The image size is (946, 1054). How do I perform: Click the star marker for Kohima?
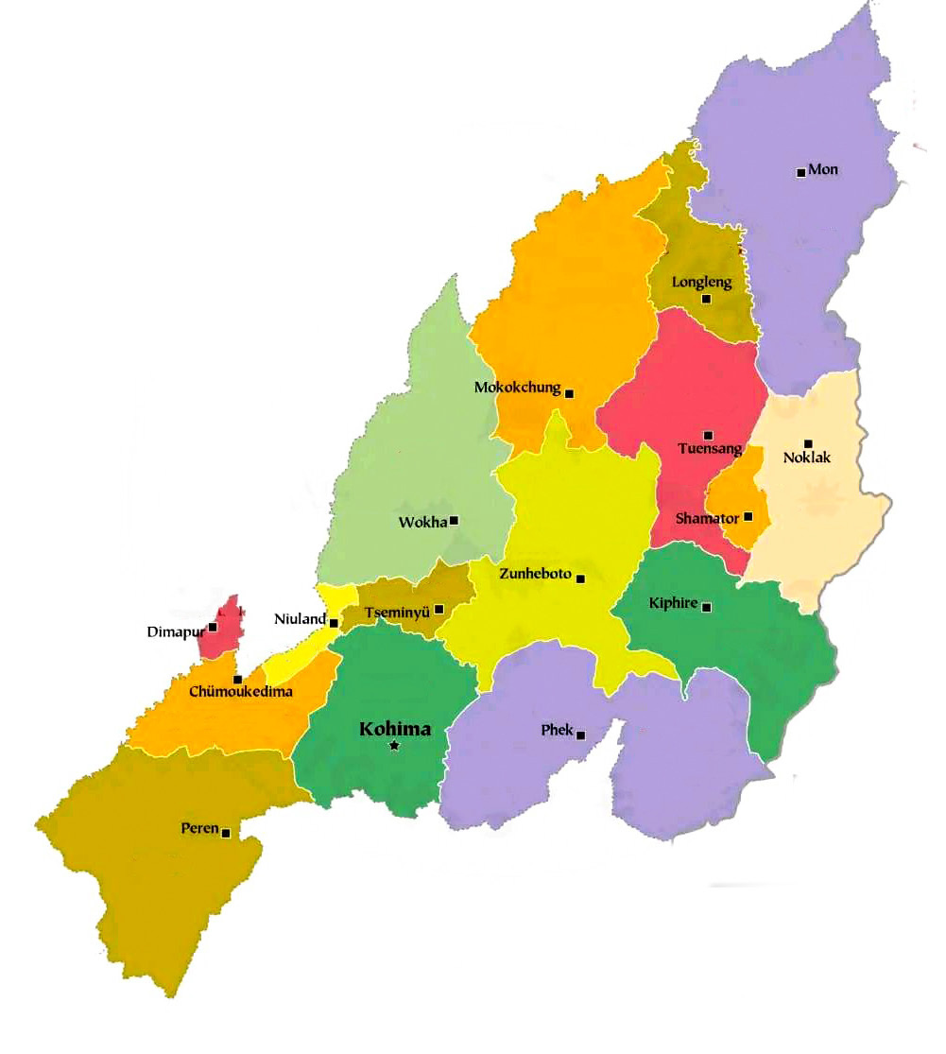coord(394,746)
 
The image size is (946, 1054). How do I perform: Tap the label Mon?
coord(824,170)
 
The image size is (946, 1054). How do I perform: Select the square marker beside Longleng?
coord(706,299)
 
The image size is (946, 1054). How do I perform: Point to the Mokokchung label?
coord(517,388)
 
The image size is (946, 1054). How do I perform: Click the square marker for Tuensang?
coord(708,435)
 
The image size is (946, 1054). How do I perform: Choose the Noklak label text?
coord(807,459)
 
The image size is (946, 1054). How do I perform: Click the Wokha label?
coord(422,522)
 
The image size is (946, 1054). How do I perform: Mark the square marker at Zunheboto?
coord(580,579)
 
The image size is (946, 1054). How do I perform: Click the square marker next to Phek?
coord(580,735)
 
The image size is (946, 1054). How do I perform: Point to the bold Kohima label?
coord(395,729)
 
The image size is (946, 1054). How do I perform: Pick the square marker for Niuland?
coord(334,623)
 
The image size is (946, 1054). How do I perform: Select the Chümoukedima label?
coord(241,692)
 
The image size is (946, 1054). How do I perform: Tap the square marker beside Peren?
coord(226,833)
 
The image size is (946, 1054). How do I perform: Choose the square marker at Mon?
coord(801,172)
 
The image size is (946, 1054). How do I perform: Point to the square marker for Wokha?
coord(454,521)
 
